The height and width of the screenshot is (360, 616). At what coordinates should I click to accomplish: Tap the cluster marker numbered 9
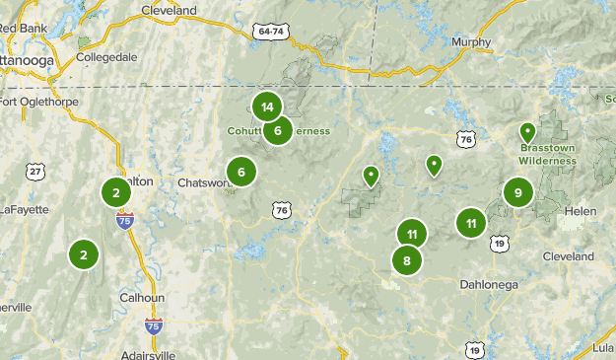517,193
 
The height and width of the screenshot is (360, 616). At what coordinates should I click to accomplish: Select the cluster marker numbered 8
407,261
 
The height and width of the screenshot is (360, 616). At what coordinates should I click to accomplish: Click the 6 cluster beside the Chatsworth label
241,173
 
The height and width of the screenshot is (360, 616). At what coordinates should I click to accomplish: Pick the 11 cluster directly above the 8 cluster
412,235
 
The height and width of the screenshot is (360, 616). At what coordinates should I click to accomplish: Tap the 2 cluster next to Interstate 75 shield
115,192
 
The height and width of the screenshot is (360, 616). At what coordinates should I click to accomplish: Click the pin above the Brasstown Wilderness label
527,131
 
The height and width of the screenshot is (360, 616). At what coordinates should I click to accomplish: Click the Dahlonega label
489,285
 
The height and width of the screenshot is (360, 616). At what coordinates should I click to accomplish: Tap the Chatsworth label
202,182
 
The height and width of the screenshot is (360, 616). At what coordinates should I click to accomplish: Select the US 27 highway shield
36,172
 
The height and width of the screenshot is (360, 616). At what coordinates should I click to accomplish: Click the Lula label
602,348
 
